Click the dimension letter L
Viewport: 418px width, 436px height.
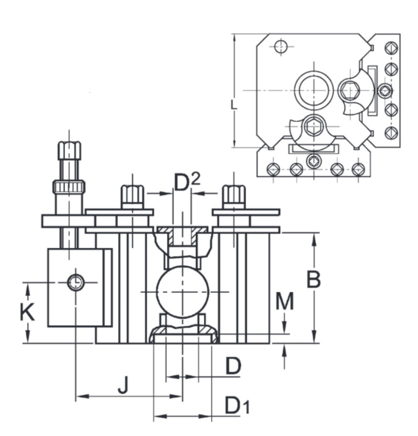point(234,104)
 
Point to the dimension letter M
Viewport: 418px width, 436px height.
point(285,300)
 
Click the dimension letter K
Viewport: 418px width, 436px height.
point(27,313)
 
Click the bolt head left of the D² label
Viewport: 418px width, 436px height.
point(132,195)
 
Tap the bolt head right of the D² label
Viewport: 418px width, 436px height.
point(233,195)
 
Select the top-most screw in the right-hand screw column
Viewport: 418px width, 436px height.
point(390,48)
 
